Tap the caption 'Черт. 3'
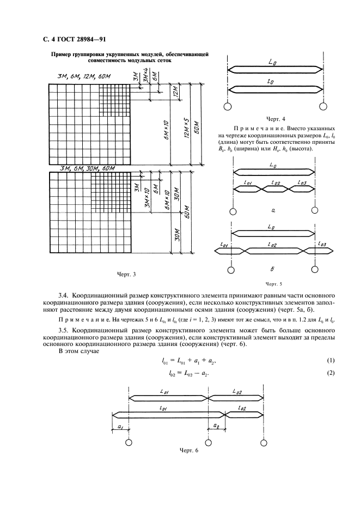click(x=126, y=274)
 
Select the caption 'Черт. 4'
click(x=276, y=118)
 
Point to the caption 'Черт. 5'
click(x=274, y=283)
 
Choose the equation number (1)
click(x=330, y=361)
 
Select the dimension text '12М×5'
click(x=186, y=127)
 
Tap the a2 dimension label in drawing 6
click(x=216, y=425)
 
